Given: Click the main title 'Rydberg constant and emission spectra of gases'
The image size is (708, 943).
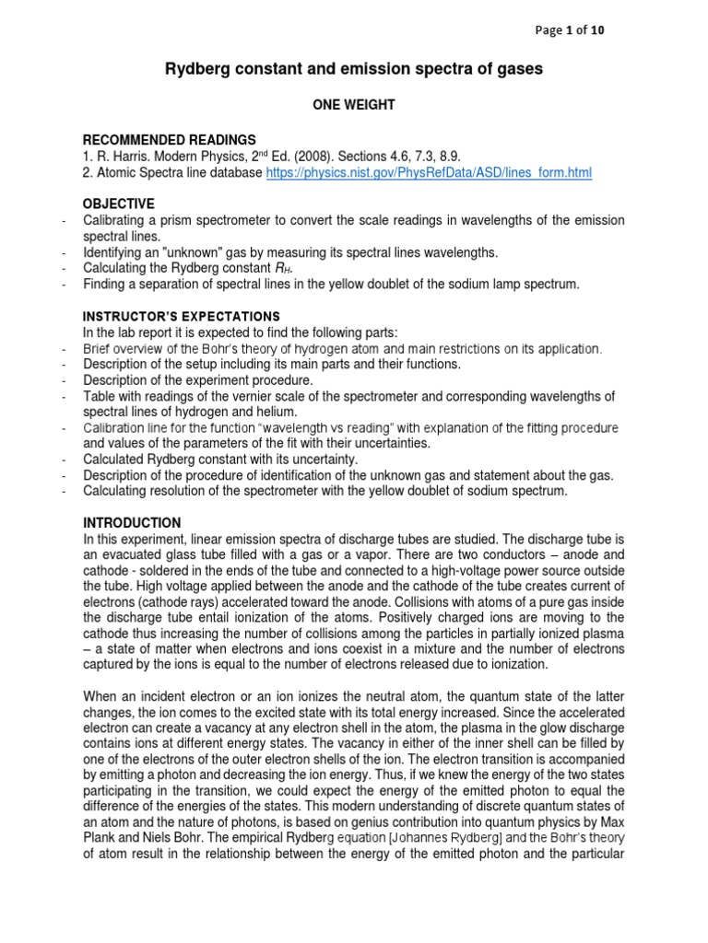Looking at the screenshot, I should pyautogui.click(x=353, y=69).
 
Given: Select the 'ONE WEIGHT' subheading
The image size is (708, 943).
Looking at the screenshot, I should pyautogui.click(x=354, y=105).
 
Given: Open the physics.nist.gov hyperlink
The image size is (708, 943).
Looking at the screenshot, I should pyautogui.click(x=429, y=172).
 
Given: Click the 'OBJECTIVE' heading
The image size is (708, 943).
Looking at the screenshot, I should pyautogui.click(x=119, y=203).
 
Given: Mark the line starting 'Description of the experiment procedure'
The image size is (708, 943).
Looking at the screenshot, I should pyautogui.click(x=198, y=380).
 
